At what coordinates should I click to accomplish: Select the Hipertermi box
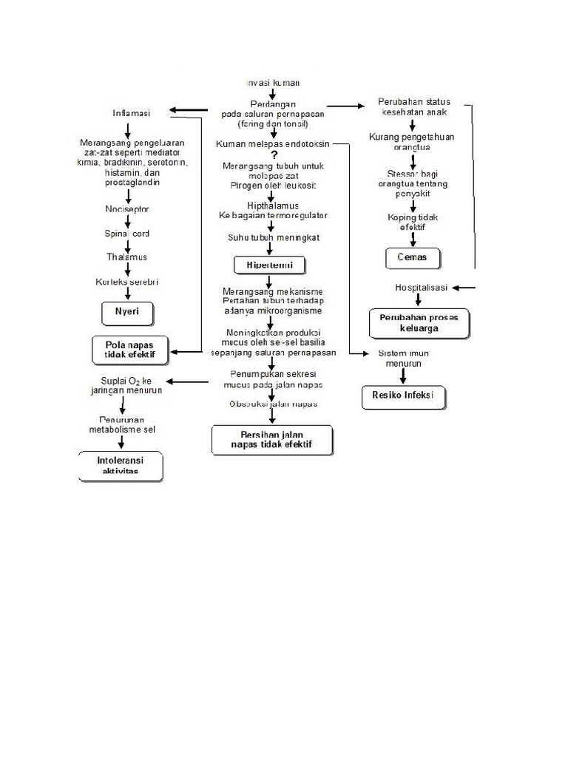269,265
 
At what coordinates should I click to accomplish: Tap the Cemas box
413,259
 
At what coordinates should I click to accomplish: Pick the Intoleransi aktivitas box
120,466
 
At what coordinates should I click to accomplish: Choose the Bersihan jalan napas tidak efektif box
271,439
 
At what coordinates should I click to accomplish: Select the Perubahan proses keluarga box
419,323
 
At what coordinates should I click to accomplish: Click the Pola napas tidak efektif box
129,350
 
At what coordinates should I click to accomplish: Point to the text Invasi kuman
272,83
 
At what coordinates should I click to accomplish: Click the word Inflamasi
131,113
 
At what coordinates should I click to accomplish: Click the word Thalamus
126,257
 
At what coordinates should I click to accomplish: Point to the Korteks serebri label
126,282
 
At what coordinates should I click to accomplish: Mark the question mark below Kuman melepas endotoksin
274,155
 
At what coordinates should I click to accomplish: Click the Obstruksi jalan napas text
272,404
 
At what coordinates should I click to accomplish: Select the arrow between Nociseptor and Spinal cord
128,221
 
